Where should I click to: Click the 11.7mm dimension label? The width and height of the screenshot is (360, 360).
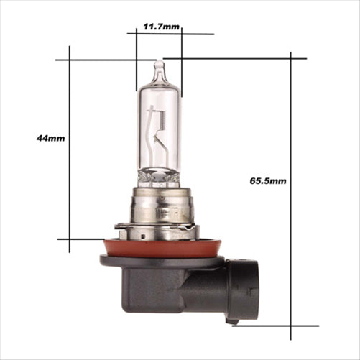tap(161, 27)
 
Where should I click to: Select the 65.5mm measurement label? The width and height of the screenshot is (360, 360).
tap(268, 181)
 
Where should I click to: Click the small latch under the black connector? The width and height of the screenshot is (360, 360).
tap(231, 320)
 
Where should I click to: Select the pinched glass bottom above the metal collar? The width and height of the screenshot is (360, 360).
tap(159, 176)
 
